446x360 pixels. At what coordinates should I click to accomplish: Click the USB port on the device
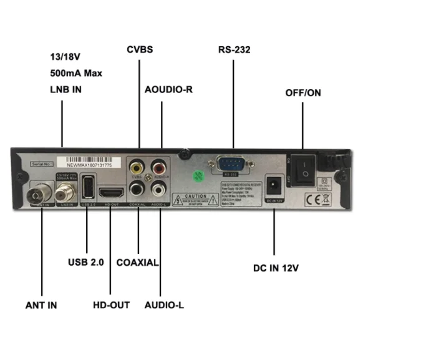pos(87,187)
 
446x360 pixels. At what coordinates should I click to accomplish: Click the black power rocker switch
pos(304,167)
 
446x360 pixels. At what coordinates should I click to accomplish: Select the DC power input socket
pos(273,186)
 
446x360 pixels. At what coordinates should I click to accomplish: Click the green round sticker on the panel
pos(199,176)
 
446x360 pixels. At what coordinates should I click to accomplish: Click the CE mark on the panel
pos(312,200)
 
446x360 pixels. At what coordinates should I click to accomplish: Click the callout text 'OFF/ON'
pos(303,93)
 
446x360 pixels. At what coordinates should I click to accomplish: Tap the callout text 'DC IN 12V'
pos(276,268)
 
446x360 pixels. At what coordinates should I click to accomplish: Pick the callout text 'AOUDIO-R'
pos(168,89)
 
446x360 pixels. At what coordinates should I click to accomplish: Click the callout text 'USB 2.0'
pos(85,263)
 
